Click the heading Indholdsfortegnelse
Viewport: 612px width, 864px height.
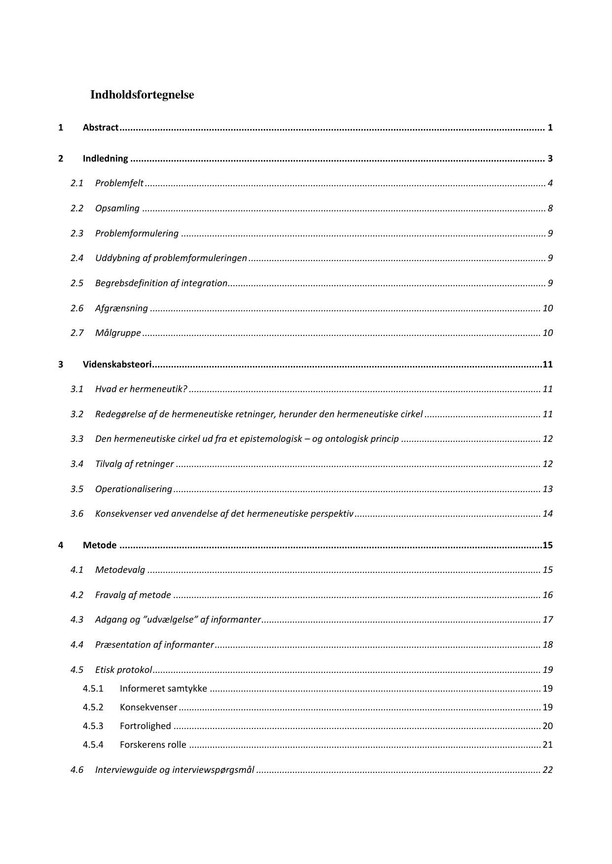tap(142, 95)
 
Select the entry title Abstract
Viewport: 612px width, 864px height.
tap(101, 128)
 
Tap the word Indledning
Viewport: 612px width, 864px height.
tap(105, 159)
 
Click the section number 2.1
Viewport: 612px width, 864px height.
tap(77, 183)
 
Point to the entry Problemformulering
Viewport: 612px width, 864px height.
tap(137, 233)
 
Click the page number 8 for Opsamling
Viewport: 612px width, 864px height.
tap(550, 208)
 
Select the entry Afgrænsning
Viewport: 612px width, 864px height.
tap(121, 308)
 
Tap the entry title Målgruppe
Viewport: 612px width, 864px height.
tap(118, 333)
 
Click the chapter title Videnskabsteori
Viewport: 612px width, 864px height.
tap(117, 365)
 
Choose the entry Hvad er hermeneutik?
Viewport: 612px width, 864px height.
tap(141, 389)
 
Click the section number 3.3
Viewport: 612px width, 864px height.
tap(77, 439)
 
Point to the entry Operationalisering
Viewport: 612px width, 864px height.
tap(134, 489)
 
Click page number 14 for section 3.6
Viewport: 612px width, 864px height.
tap(547, 514)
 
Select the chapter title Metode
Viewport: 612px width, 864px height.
tap(100, 545)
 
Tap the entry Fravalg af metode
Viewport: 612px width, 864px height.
tap(133, 595)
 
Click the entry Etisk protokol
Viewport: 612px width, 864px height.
tap(123, 670)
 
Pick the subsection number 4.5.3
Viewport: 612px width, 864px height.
tap(93, 726)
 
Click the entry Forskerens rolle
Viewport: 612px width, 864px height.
tap(153, 745)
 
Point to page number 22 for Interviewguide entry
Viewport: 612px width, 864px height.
tap(547, 770)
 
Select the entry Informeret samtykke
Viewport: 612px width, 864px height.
tap(163, 689)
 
